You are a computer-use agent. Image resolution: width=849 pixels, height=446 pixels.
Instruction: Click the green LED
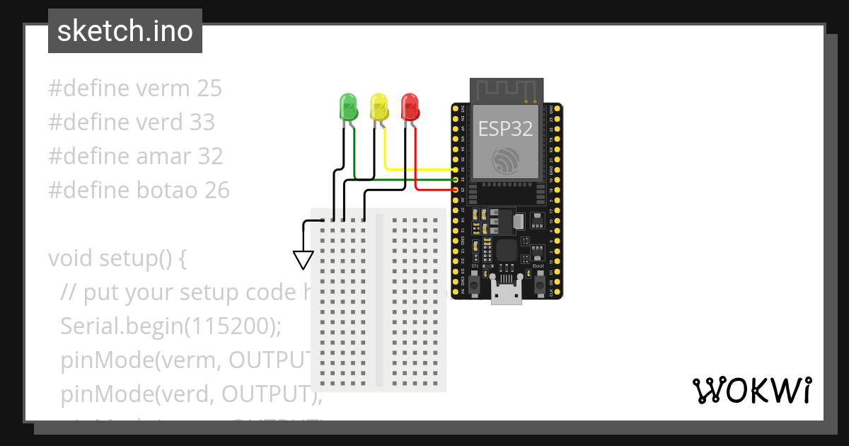pyautogui.click(x=348, y=107)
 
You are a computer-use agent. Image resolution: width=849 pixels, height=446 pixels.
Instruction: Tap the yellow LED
pyautogui.click(x=379, y=107)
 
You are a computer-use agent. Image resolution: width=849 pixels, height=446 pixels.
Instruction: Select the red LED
pyautogui.click(x=410, y=107)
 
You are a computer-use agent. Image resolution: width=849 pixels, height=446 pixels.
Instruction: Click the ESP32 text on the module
pyautogui.click(x=505, y=128)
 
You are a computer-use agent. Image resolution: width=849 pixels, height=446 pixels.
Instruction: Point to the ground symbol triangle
pyautogui.click(x=304, y=260)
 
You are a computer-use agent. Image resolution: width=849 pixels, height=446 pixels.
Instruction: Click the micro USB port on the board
pyautogui.click(x=507, y=292)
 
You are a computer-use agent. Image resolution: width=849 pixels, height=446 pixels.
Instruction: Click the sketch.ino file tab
pyautogui.click(x=125, y=31)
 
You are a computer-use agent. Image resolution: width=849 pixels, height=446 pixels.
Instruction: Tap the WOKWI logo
pyautogui.click(x=751, y=390)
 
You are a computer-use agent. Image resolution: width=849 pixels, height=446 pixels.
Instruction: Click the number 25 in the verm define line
pyautogui.click(x=209, y=88)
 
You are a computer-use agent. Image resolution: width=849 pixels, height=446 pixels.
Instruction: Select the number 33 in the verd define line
pyautogui.click(x=202, y=122)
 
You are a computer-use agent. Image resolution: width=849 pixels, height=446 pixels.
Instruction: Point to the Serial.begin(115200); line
pyautogui.click(x=171, y=326)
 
